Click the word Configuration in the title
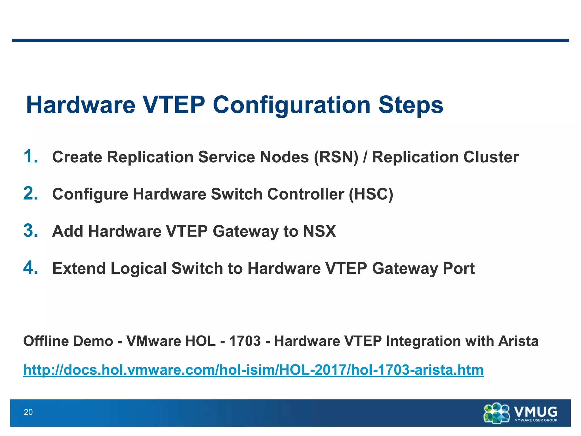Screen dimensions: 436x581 click(x=292, y=105)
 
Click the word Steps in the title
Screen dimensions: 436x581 click(x=411, y=105)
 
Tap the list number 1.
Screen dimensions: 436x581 click(x=30, y=156)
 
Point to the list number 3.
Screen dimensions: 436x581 click(x=30, y=230)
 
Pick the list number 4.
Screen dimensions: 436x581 click(x=30, y=268)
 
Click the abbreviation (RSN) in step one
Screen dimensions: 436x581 click(x=336, y=157)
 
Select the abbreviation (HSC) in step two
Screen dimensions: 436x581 click(x=371, y=194)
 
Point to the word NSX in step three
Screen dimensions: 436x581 click(x=319, y=231)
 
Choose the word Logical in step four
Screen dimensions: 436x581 click(x=138, y=269)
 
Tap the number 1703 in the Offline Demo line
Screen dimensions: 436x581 click(x=245, y=341)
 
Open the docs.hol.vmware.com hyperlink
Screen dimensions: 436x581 click(x=253, y=370)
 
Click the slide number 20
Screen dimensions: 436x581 click(x=28, y=412)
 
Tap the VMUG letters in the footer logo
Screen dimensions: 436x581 click(x=536, y=411)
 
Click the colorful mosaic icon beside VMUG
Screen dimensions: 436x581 click(x=497, y=413)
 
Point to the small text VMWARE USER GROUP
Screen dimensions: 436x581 click(x=536, y=420)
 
